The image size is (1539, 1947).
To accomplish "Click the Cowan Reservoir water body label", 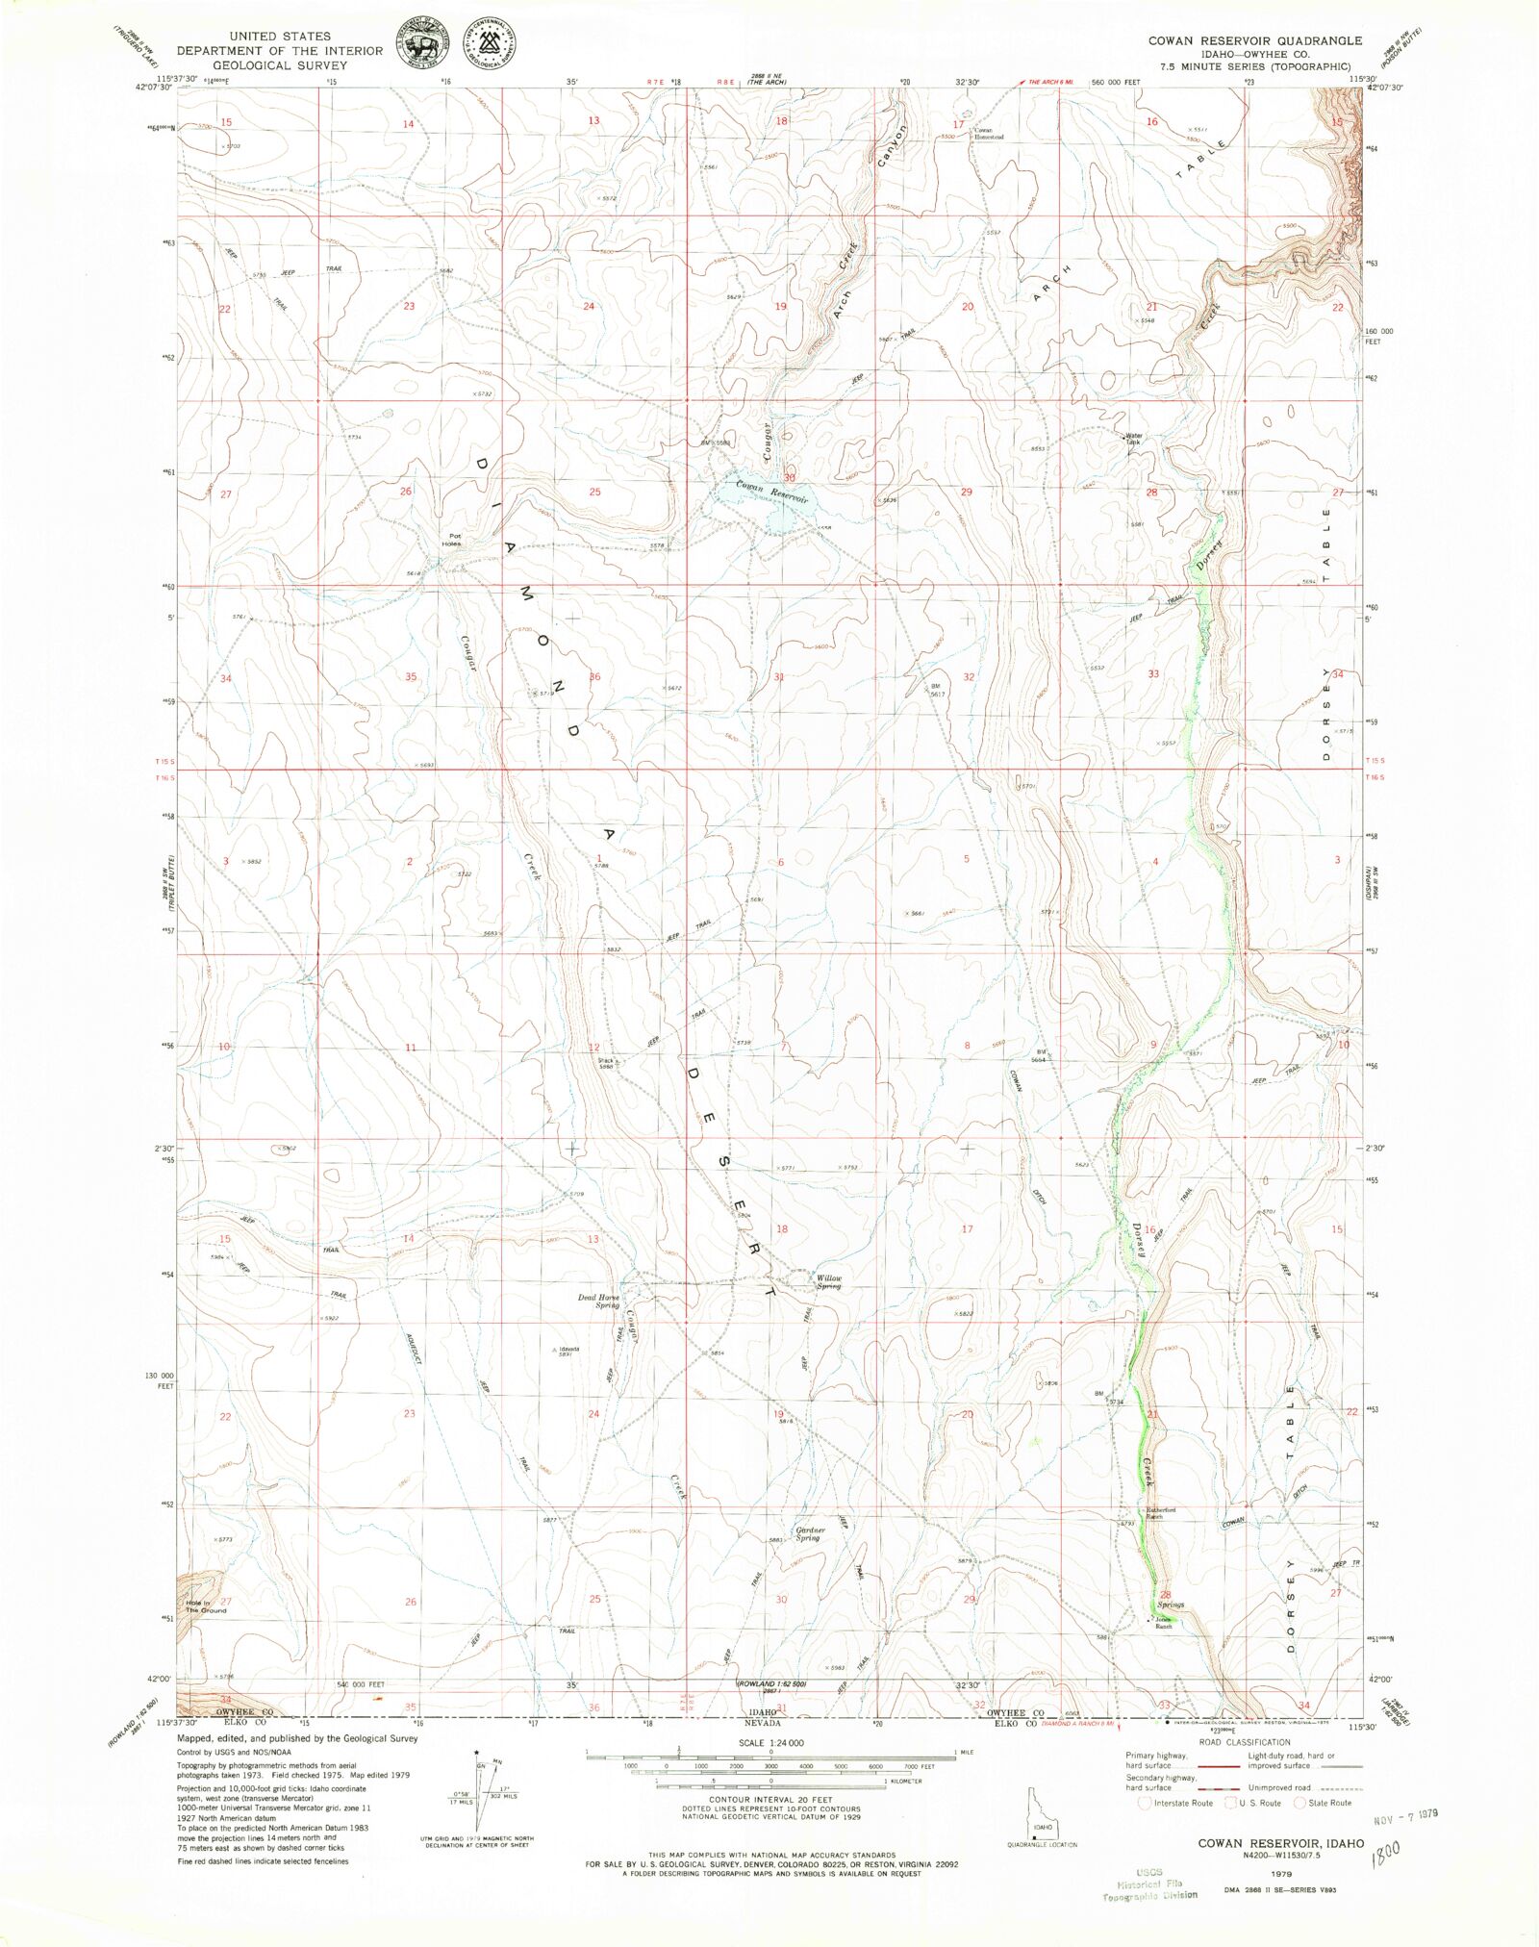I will pos(771,492).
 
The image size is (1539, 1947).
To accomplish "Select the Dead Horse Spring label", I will pos(598,1302).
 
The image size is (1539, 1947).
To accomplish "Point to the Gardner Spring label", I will pos(808,1533).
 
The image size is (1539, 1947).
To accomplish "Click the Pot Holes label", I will pos(452,540).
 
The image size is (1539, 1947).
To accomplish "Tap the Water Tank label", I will pos(1134,439).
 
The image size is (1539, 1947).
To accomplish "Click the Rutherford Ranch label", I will pos(1160,1513).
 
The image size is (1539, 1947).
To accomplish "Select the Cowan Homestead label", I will pos(988,134).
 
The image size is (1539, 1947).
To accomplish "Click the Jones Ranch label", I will pos(1163,1623).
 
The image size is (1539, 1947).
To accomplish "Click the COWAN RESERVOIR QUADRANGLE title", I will pos(1254,40).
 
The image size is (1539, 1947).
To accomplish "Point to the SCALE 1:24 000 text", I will pos(771,1743).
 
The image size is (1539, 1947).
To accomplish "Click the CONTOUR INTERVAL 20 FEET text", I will pos(771,1799).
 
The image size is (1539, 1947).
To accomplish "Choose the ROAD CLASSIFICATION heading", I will pos(1244,1742).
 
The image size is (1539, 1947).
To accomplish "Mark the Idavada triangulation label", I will pos(565,1351).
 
